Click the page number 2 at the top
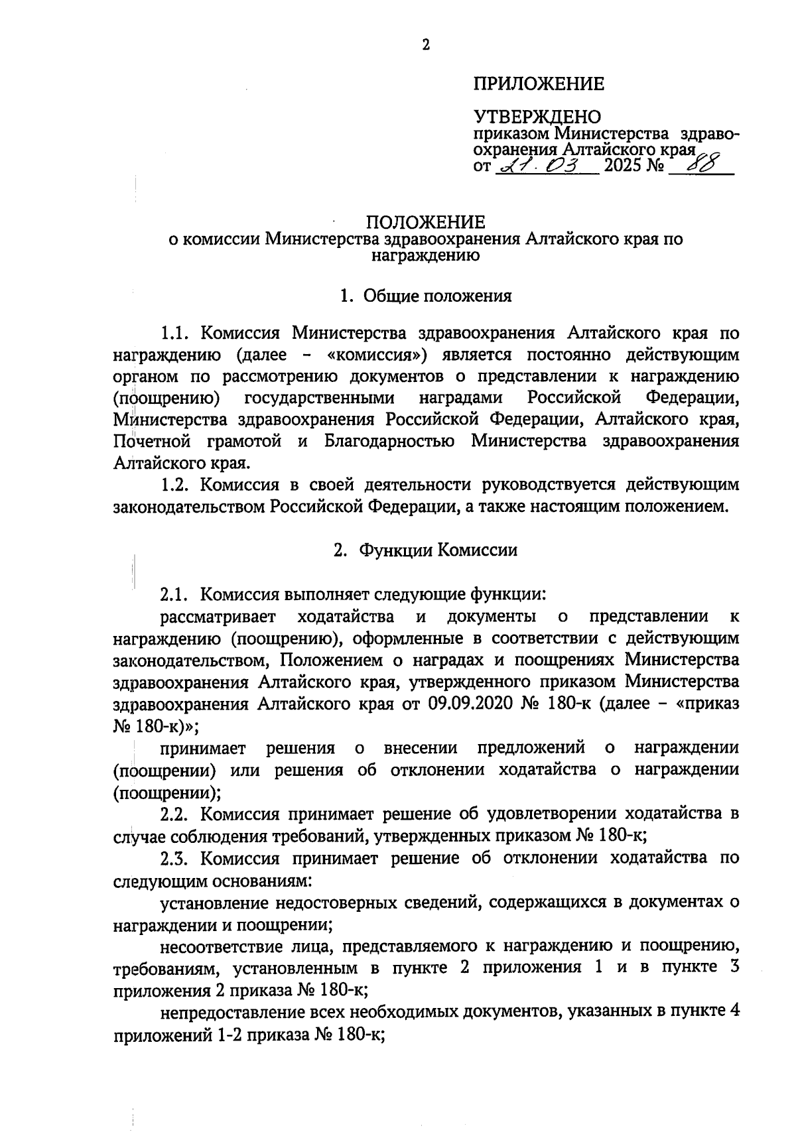(x=425, y=46)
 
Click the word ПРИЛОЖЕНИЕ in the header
(x=539, y=84)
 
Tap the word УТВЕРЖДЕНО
(x=537, y=117)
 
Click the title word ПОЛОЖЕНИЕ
(x=425, y=222)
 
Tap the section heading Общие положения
(x=437, y=296)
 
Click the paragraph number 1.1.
(x=176, y=332)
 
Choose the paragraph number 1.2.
(x=176, y=485)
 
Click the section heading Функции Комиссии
(x=438, y=550)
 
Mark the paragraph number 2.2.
(x=176, y=814)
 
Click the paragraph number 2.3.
(x=176, y=858)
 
